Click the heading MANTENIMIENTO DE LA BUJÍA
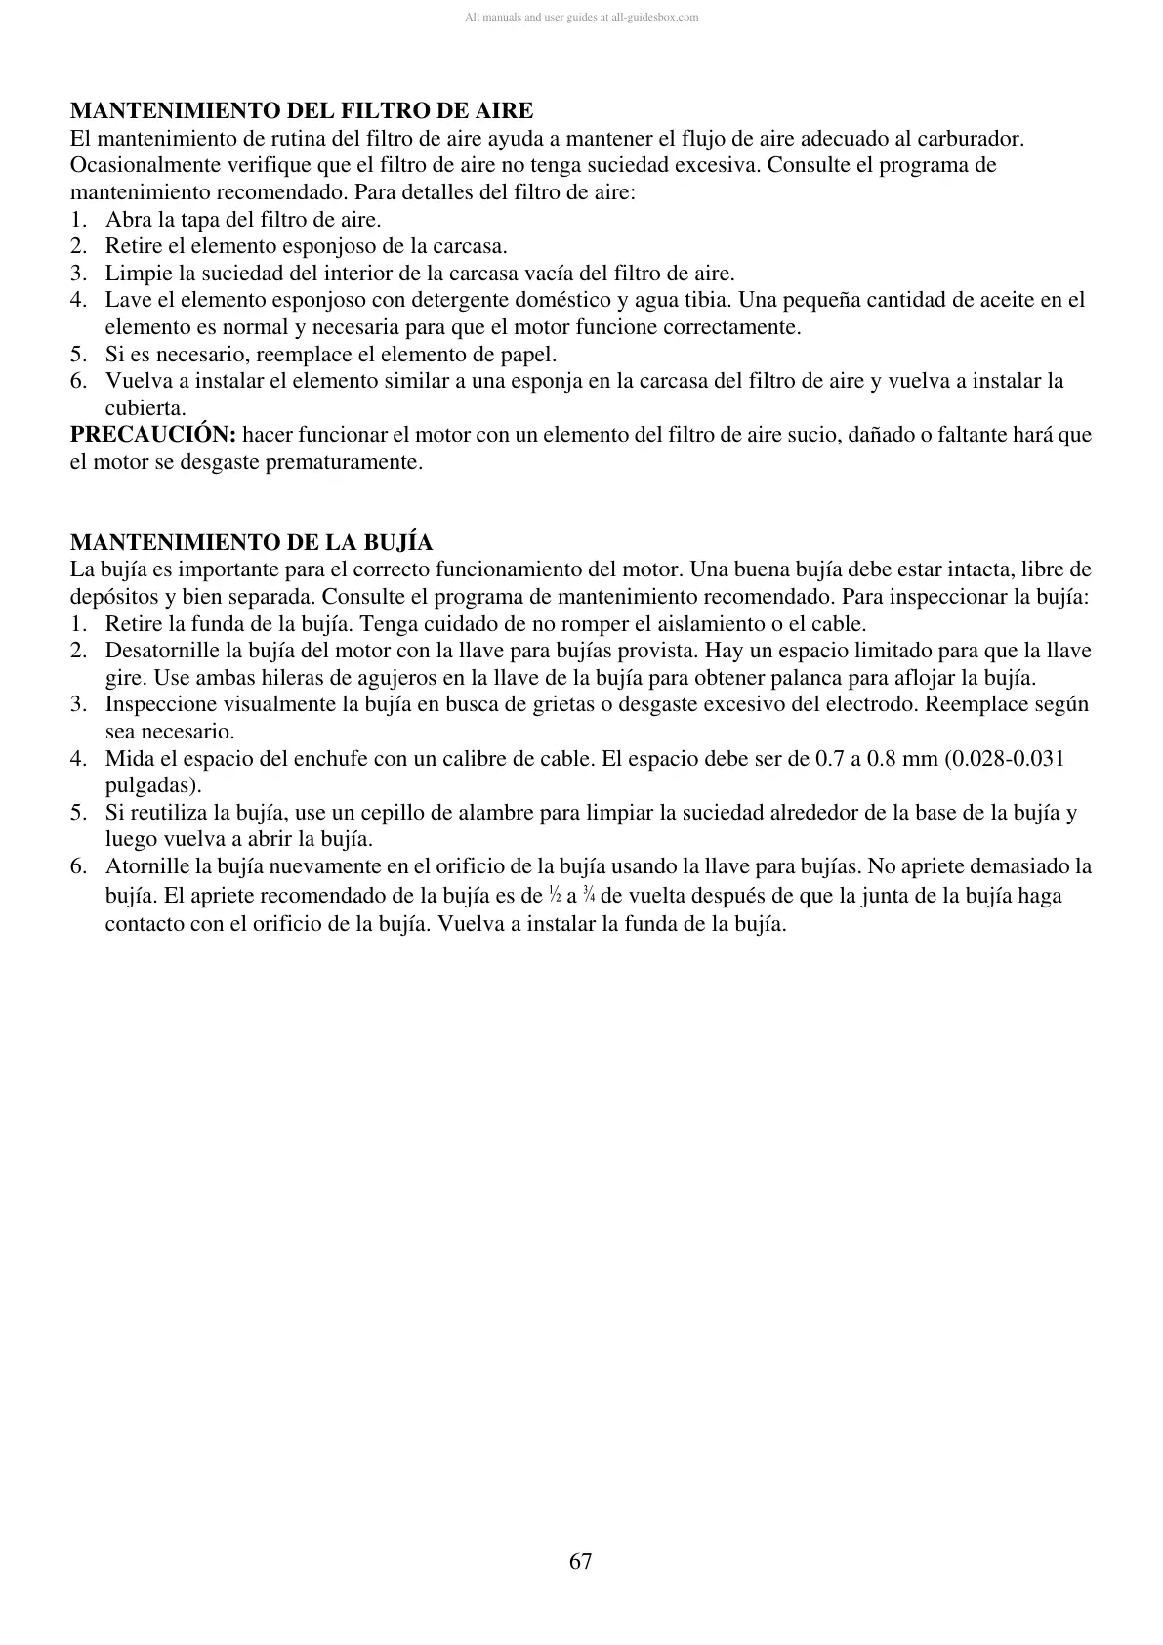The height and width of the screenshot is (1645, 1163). click(x=252, y=542)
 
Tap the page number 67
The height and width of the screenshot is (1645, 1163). click(x=581, y=1561)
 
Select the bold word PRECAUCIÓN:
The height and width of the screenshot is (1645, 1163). click(x=153, y=435)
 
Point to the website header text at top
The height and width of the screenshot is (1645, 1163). click(x=581, y=17)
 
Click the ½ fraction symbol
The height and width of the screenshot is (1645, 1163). click(x=555, y=895)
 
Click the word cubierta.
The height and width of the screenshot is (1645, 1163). click(x=145, y=408)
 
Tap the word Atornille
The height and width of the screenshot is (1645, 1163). click(x=147, y=866)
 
